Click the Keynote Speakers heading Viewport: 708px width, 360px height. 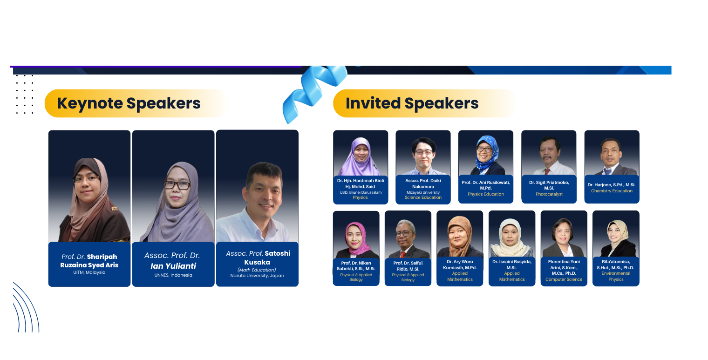tap(129, 103)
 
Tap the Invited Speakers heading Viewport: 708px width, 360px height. tap(412, 103)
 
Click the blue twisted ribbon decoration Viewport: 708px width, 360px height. tap(314, 93)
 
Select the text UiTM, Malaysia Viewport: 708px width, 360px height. tap(89, 272)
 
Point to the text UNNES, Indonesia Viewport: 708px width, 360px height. tap(173, 275)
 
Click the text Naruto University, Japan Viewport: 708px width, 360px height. tap(257, 276)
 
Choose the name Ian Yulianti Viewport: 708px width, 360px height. tap(173, 266)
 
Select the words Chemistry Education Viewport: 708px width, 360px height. tap(612, 191)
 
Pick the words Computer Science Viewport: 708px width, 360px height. tap(564, 279)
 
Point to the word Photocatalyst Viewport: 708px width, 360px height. tap(549, 194)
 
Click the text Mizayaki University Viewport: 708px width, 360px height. tap(423, 192)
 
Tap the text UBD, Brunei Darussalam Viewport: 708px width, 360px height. tap(361, 192)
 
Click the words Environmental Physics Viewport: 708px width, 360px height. tap(616, 276)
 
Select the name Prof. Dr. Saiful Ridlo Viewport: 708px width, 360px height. tap(408, 266)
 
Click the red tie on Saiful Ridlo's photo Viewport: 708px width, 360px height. tap(402, 254)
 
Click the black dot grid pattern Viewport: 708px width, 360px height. tap(25, 94)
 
